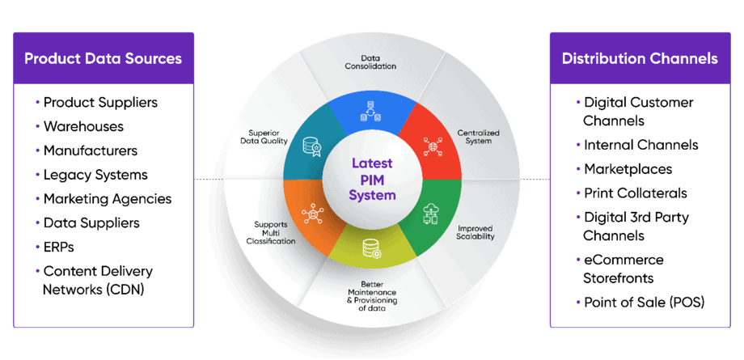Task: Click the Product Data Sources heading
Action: click(x=103, y=58)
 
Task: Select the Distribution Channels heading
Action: click(x=640, y=58)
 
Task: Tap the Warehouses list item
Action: click(x=83, y=126)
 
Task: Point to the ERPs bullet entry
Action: click(x=59, y=247)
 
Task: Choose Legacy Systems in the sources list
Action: click(x=95, y=175)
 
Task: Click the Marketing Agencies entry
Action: click(x=108, y=198)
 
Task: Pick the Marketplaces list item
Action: click(x=628, y=169)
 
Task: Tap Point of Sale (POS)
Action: click(x=644, y=303)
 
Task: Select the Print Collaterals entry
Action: click(x=636, y=193)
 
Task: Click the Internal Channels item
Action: click(x=641, y=144)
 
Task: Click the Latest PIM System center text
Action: click(x=372, y=179)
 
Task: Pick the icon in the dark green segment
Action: click(x=430, y=214)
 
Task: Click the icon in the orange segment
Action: click(x=311, y=214)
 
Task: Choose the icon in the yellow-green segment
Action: click(x=371, y=248)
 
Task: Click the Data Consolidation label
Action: click(x=370, y=62)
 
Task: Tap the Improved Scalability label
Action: click(x=476, y=232)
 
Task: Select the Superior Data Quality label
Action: click(x=264, y=137)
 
